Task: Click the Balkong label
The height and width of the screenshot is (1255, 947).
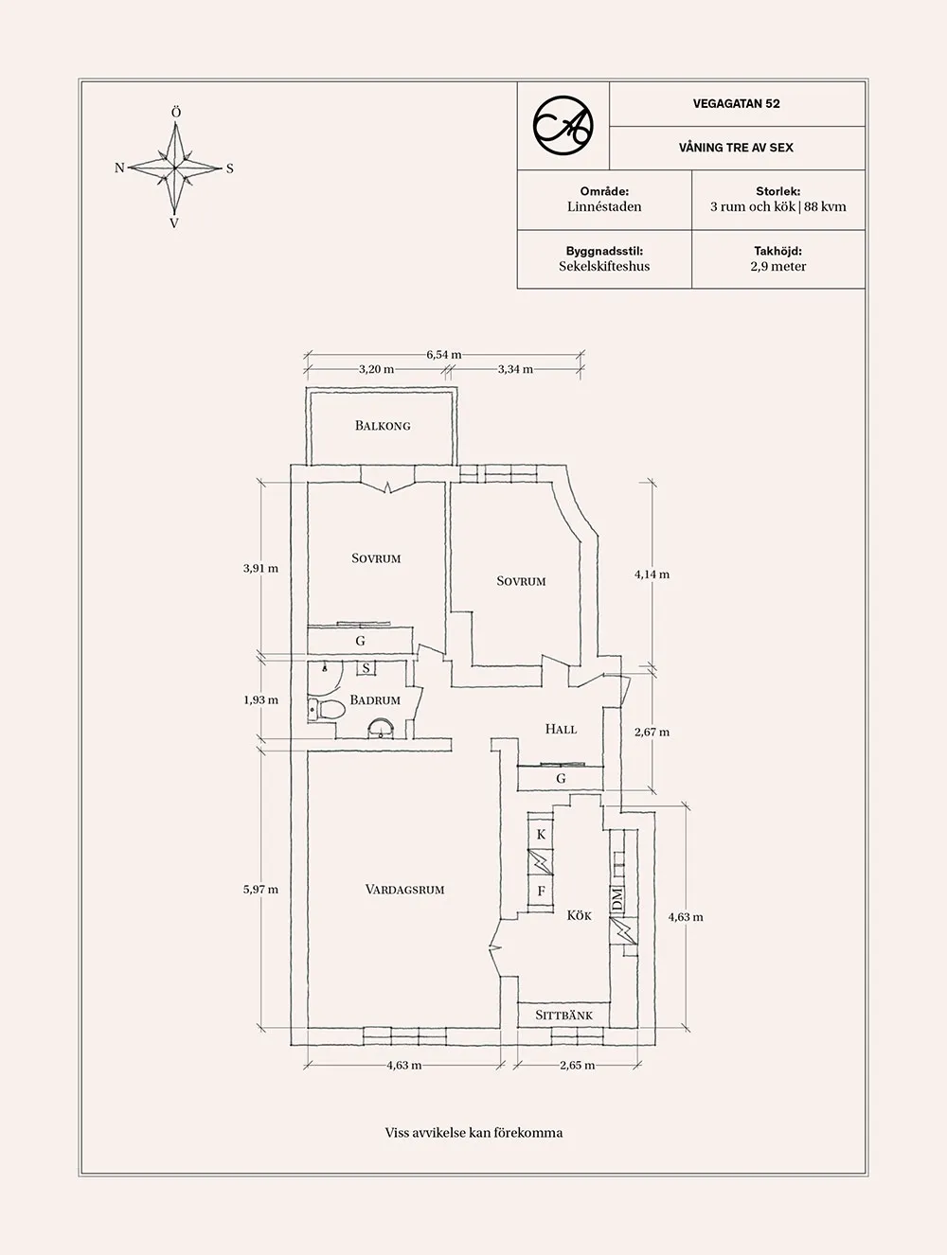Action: click(383, 426)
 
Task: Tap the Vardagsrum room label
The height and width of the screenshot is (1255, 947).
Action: click(404, 890)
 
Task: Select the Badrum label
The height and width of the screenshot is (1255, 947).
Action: click(375, 700)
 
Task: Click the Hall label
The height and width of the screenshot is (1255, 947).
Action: click(561, 730)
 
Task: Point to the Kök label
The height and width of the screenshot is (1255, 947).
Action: click(580, 915)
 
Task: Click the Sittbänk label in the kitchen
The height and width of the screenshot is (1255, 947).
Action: click(563, 1016)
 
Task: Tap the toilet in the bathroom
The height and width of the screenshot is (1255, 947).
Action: click(328, 708)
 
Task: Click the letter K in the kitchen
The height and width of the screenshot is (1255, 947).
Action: click(542, 835)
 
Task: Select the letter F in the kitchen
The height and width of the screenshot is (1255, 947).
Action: click(542, 892)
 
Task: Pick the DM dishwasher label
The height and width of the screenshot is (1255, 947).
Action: click(617, 899)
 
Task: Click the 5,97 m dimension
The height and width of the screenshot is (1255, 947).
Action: click(260, 890)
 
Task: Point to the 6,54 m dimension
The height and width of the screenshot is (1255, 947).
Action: click(443, 355)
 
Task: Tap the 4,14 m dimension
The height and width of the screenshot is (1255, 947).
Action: click(652, 574)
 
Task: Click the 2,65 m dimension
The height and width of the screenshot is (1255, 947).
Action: click(577, 1066)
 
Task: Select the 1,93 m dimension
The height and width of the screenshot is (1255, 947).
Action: click(260, 700)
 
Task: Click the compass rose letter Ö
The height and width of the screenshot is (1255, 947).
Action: click(175, 114)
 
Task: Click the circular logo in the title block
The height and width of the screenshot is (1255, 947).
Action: click(563, 125)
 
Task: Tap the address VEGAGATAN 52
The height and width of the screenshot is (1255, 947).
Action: click(736, 104)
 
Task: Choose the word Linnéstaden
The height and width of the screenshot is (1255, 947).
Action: click(604, 206)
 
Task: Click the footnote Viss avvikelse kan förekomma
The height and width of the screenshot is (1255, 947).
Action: click(473, 1133)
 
